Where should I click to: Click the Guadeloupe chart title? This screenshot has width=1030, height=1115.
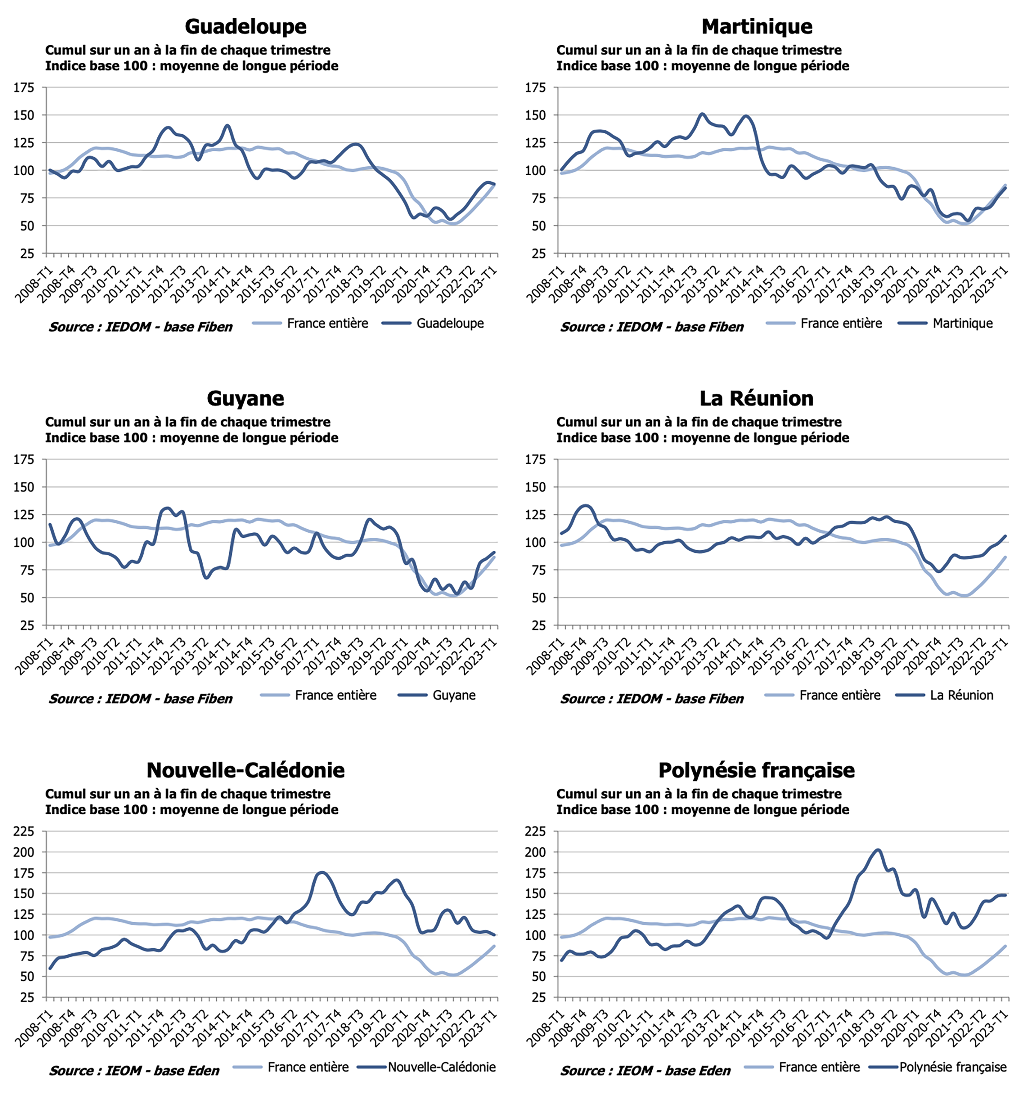[x=245, y=26]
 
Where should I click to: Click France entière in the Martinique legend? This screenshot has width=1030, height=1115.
[x=841, y=323]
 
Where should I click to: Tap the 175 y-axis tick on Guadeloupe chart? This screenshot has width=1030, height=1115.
[x=24, y=88]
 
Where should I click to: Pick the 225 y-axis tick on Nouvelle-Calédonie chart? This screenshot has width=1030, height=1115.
[x=24, y=831]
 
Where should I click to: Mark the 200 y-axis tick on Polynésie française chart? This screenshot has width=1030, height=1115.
[x=535, y=852]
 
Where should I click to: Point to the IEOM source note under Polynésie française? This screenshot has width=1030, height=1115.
[x=646, y=1071]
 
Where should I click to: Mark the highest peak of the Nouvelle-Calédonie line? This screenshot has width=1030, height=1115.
[x=322, y=873]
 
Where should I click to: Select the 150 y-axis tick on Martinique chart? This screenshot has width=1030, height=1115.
[x=535, y=115]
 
